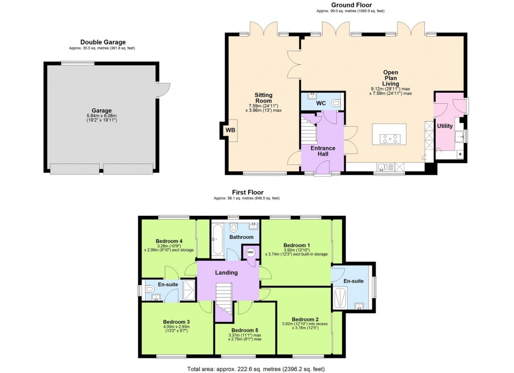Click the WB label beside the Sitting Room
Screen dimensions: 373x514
click(x=230, y=130)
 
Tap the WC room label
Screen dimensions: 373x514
click(x=321, y=103)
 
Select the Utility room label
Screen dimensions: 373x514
click(x=444, y=126)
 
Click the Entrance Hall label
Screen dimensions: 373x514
click(x=323, y=151)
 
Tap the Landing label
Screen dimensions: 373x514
click(x=226, y=272)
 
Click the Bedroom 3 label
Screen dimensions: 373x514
click(x=176, y=322)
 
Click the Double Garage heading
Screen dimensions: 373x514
click(x=103, y=42)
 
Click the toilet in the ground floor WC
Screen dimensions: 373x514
click(x=336, y=102)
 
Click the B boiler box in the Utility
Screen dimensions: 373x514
click(x=460, y=153)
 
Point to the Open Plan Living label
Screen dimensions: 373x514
click(x=391, y=78)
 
